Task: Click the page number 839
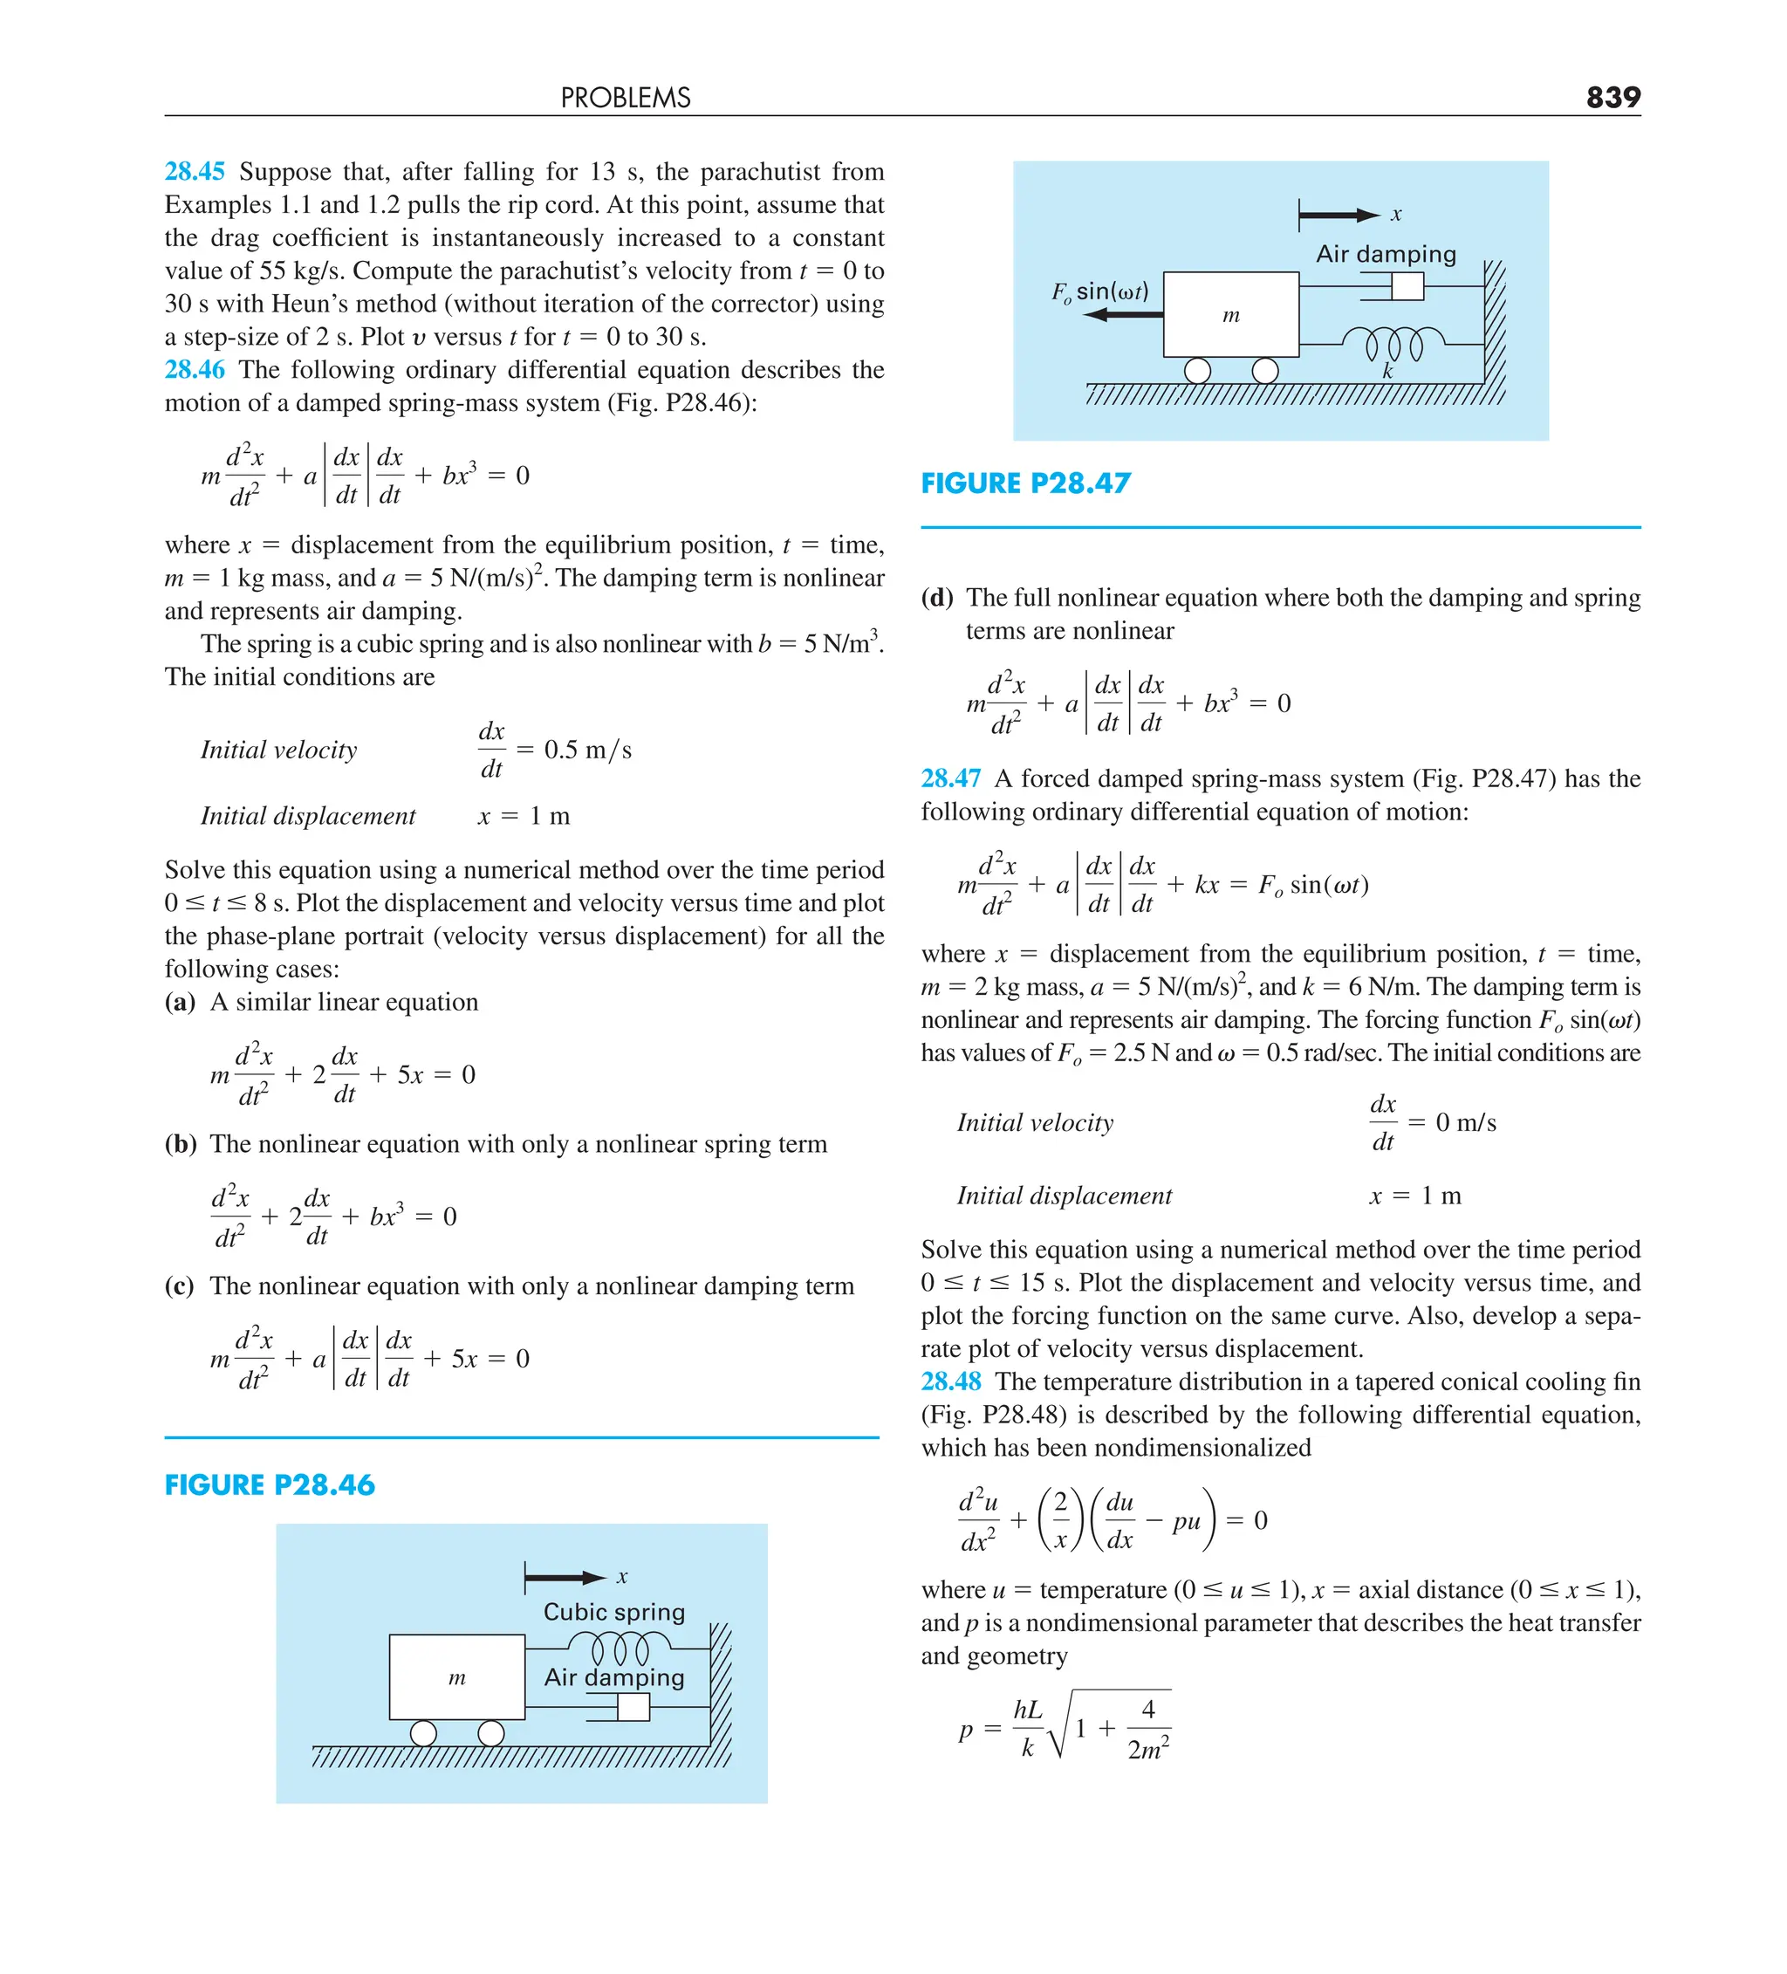point(1612,97)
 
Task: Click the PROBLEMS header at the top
point(626,98)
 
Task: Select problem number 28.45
point(195,171)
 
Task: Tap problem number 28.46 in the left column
point(195,369)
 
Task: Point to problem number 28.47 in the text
point(951,778)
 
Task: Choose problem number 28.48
point(951,1381)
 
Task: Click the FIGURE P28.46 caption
point(270,1485)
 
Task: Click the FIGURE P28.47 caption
point(1026,483)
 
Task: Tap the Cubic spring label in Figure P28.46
point(614,1612)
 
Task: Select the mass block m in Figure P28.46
point(457,1677)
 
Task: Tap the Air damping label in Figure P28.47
point(1386,255)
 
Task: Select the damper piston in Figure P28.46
point(633,1708)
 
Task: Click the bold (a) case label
point(180,1002)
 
